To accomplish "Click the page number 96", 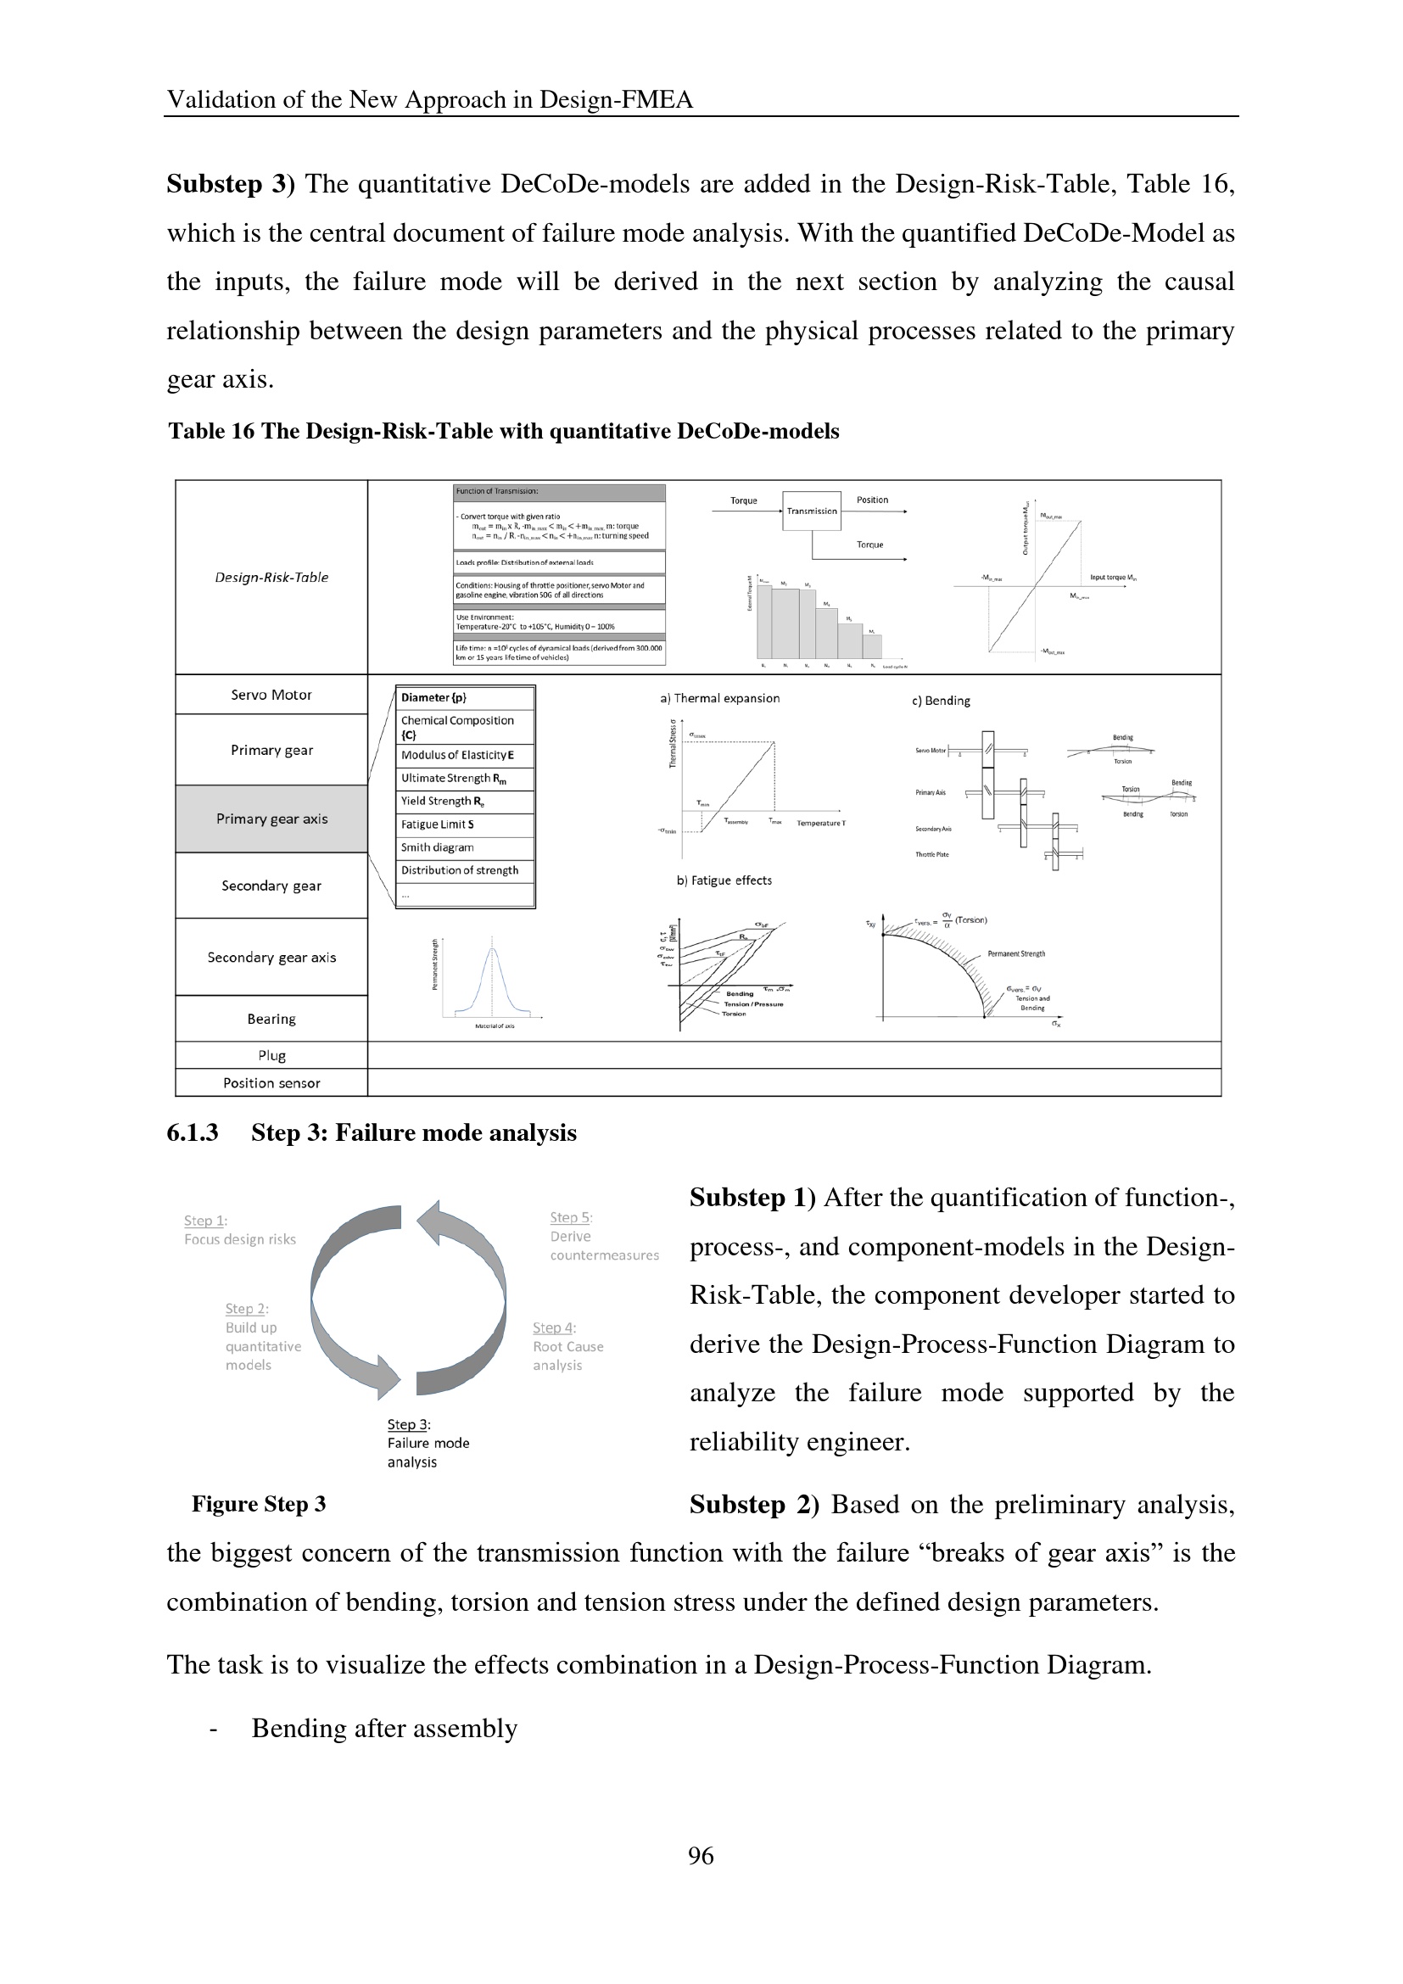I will [701, 1855].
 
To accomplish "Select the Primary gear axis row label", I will [271, 819].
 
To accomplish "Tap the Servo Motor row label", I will [271, 695].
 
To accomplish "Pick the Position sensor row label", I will [271, 1082].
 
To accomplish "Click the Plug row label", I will [271, 1055].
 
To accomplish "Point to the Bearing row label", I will [271, 1019].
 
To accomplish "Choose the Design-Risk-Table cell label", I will [271, 578].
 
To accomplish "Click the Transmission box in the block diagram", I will [811, 511].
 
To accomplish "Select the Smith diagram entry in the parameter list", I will [437, 847].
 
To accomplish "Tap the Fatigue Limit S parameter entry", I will [437, 824].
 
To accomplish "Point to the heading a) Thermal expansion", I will [719, 698].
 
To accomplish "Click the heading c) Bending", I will [941, 701].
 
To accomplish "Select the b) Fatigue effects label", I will [724, 880].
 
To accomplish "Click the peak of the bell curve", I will [494, 949].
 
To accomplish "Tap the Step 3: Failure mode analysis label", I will [428, 1443].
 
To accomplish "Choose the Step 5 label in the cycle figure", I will [571, 1217].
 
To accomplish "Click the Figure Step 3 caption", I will [259, 1505].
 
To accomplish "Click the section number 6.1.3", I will [192, 1133].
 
